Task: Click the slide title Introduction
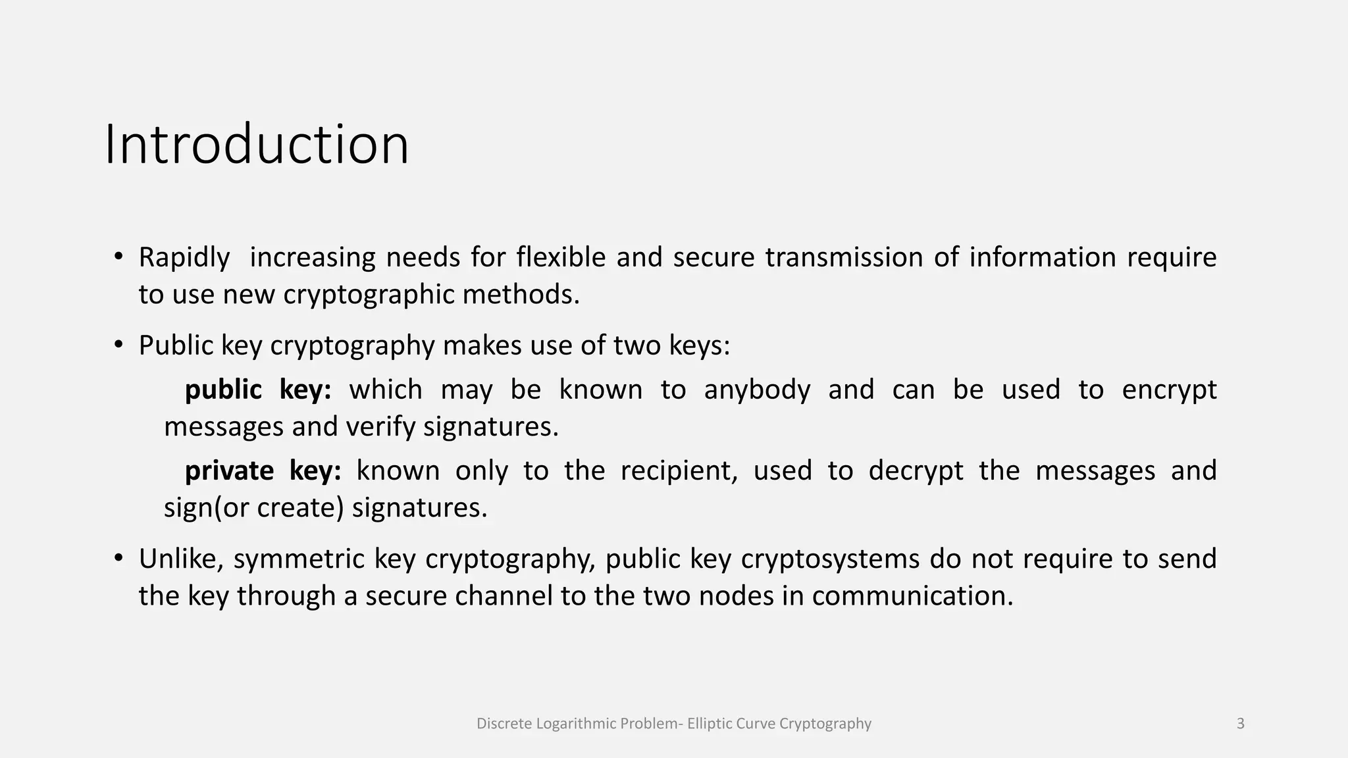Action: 257,144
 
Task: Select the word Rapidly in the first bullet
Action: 184,257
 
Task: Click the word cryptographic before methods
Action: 369,294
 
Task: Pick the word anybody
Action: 757,390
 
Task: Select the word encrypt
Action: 1169,390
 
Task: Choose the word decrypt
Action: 916,471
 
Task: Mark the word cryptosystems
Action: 830,559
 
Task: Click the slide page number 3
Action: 1241,724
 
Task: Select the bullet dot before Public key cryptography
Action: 118,345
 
